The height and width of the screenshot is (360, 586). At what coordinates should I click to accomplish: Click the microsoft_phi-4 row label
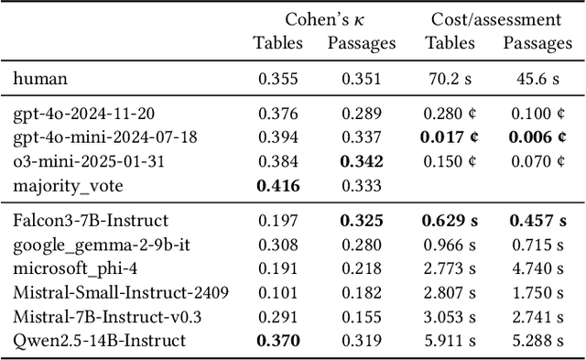71,268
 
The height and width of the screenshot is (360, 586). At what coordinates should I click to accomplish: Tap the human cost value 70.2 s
450,79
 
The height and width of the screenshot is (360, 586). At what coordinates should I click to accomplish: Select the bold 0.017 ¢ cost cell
450,137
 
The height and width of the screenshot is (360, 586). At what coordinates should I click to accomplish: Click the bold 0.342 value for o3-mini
362,161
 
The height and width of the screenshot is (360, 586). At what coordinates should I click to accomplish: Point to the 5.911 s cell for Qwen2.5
450,340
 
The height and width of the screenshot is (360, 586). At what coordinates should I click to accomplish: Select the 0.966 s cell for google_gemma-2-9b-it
450,245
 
